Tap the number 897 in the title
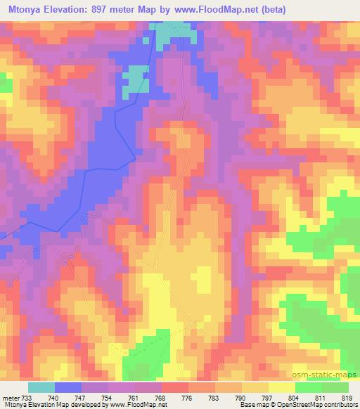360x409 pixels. [112, 10]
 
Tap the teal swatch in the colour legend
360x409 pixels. [41, 387]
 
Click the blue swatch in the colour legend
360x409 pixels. [68, 387]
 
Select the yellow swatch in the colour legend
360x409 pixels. [281, 387]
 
